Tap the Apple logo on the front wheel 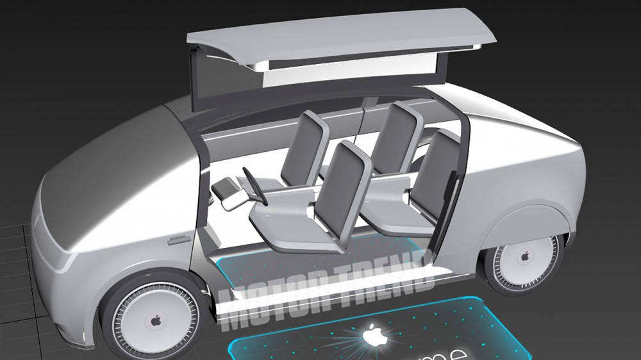click(x=155, y=320)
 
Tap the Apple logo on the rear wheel click(x=525, y=257)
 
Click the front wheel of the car click(x=154, y=320)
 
